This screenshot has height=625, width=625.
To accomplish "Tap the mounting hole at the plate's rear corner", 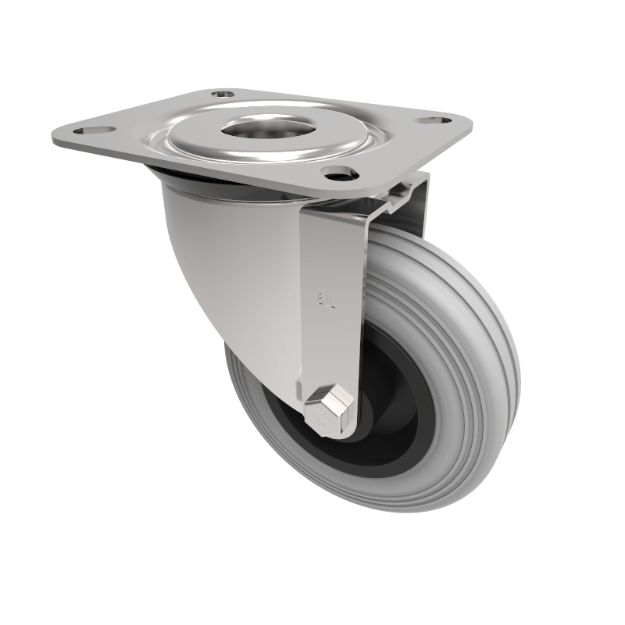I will click(224, 94).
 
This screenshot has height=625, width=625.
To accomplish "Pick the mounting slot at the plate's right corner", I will click(433, 122).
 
